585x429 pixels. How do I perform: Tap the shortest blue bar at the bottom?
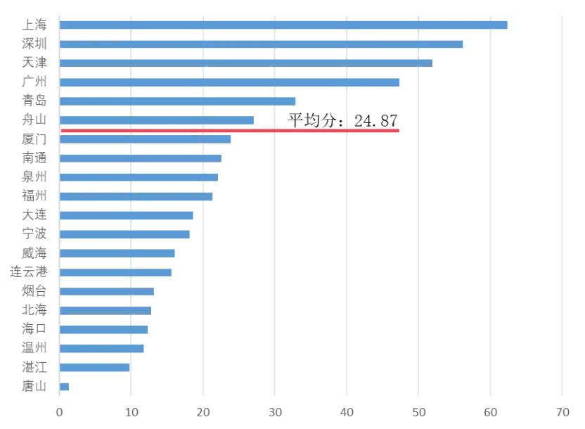click(x=65, y=388)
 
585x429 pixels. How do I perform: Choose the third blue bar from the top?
click(x=246, y=63)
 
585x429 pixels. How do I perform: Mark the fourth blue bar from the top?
click(x=231, y=83)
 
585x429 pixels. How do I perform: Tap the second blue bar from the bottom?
click(x=95, y=367)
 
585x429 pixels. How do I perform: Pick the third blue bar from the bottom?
click(x=103, y=349)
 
